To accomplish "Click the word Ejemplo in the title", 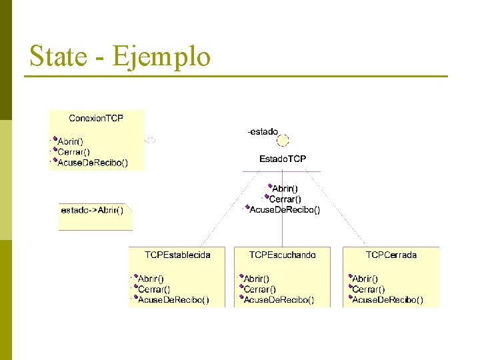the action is [x=162, y=57].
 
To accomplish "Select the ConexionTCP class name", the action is [x=96, y=118].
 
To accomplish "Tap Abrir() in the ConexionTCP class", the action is [x=70, y=141].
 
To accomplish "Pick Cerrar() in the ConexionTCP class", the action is [x=73, y=152].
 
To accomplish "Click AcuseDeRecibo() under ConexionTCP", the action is [x=93, y=162].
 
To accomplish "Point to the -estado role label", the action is [x=263, y=132].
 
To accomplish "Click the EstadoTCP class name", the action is [x=283, y=159].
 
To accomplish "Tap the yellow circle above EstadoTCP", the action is [x=283, y=141].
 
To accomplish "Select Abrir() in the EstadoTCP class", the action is [x=285, y=189].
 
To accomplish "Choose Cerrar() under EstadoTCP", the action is [x=285, y=199].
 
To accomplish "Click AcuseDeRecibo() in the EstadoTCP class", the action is [x=285, y=209].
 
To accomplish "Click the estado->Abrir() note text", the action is [x=92, y=210].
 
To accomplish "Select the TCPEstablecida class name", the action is [x=177, y=255].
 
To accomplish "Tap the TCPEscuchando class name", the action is [x=283, y=255].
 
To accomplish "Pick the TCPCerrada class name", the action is [x=391, y=255].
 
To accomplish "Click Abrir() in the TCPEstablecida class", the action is [x=151, y=279].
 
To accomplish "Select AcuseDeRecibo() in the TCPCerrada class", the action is [x=387, y=300].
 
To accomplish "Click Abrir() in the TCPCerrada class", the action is [x=365, y=279].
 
